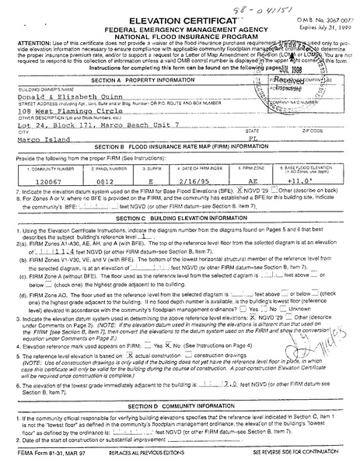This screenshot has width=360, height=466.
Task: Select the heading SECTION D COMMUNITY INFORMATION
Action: click(x=177, y=405)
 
